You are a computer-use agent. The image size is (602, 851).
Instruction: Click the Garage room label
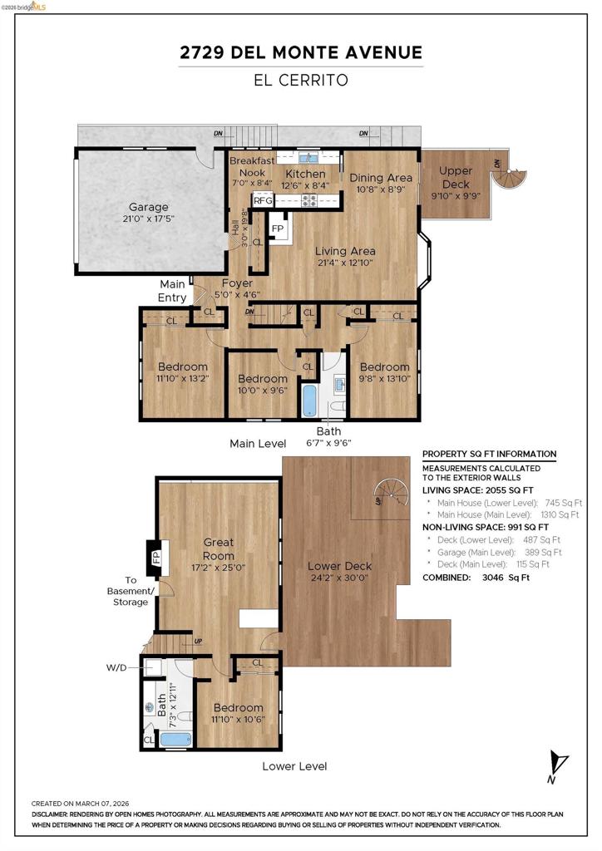(148, 207)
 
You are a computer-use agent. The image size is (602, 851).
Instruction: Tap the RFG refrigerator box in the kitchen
(264, 200)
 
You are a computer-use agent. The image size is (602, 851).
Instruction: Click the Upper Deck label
(456, 178)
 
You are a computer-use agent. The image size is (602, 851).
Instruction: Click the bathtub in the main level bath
(308, 401)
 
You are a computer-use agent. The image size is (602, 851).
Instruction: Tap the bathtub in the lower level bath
(175, 739)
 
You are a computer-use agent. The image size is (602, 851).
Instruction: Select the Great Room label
(218, 548)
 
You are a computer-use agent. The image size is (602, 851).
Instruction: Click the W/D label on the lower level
(116, 667)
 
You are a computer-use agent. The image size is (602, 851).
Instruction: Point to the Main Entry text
(172, 291)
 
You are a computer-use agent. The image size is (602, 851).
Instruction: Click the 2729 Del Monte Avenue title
(301, 52)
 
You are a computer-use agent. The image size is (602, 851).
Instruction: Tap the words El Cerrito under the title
(301, 81)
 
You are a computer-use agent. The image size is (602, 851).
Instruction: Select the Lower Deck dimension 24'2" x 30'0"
(340, 578)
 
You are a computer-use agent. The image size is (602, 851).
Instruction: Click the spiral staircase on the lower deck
(392, 492)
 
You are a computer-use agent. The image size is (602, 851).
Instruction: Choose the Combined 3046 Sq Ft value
(506, 578)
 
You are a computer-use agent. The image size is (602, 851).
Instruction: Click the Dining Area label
(381, 178)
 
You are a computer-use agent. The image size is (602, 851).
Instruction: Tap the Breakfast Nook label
(252, 166)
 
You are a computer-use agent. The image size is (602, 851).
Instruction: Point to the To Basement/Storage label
(131, 591)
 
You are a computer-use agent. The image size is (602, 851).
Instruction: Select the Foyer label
(237, 283)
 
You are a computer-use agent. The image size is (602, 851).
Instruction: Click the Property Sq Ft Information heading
(489, 454)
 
